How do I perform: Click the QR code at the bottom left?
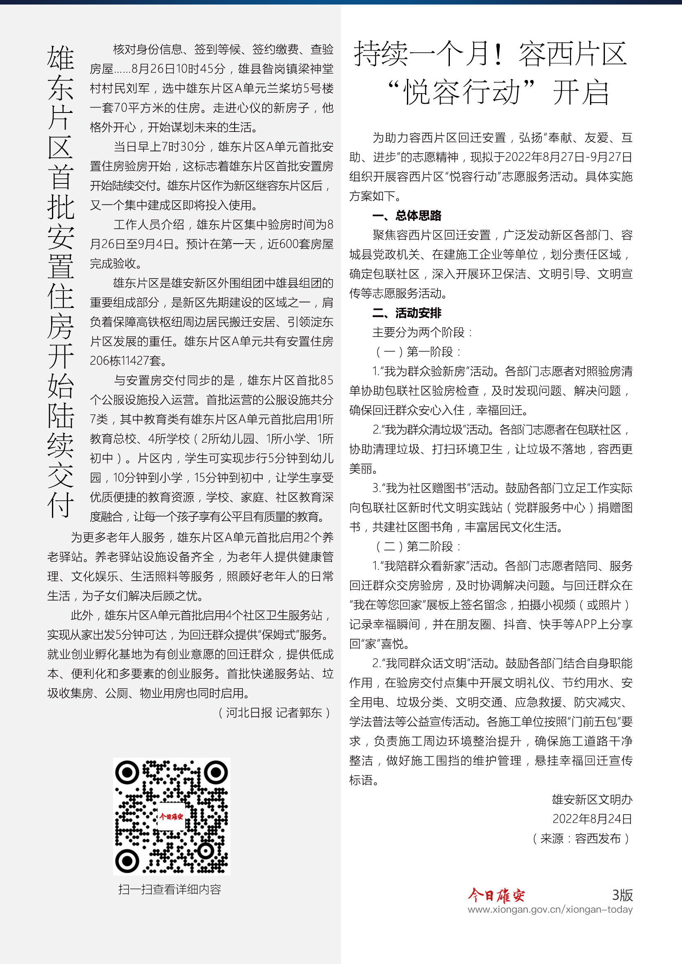pos(172,816)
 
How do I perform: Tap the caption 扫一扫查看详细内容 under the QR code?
pos(169,889)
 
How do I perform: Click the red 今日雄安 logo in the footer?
pos(496,895)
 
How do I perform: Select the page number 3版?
pos(622,895)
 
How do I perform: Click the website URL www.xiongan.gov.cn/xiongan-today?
pos(550,910)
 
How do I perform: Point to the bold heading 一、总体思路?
pos(407,216)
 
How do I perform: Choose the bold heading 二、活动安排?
pos(407,313)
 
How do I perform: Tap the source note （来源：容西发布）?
pos(581,838)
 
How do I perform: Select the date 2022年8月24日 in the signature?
pos(592,819)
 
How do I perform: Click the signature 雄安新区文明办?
pos(592,800)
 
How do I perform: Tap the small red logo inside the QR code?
pos(171,816)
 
